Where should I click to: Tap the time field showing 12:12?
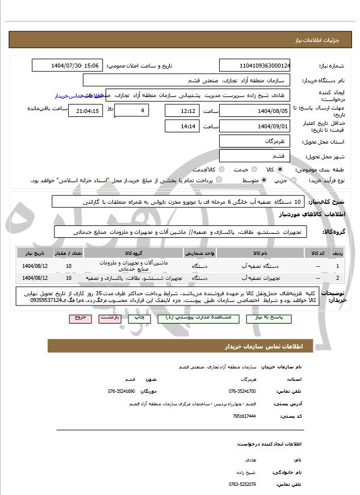[182, 111]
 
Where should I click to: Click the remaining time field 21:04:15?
[85, 111]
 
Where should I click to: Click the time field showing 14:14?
[182, 126]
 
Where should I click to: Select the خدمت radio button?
[237, 169]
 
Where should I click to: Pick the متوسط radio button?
[264, 180]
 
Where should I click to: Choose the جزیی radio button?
[294, 180]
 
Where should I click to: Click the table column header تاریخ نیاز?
[32, 252]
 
